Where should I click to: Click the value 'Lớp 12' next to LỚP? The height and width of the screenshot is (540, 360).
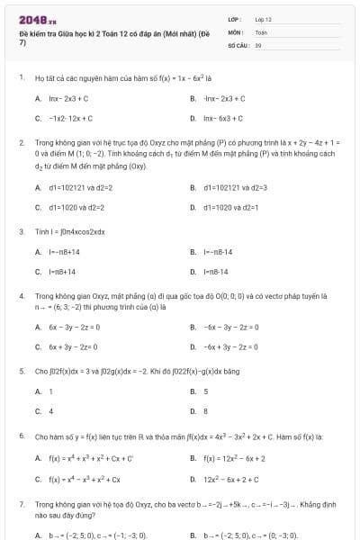point(263,19)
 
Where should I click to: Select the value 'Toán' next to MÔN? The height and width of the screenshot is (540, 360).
point(261,31)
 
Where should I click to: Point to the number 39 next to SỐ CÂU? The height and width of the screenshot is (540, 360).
point(258,44)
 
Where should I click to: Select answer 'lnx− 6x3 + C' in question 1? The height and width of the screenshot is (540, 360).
point(223,118)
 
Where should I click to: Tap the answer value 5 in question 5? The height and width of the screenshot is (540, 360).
point(206,391)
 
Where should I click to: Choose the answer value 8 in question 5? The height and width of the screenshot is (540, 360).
point(206,411)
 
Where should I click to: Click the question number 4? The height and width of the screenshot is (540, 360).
point(21,294)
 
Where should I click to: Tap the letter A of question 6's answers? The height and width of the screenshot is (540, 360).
point(38,457)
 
